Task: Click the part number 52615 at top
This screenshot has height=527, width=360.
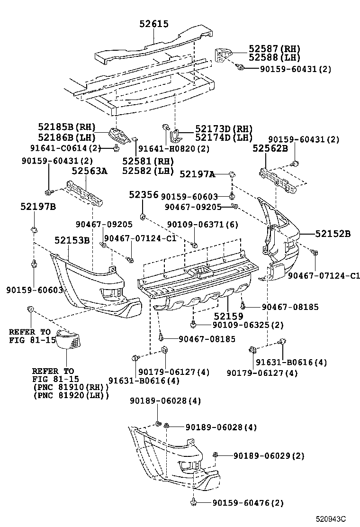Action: click(x=154, y=24)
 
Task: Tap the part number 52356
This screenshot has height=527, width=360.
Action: click(x=144, y=195)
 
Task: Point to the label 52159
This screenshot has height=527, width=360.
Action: click(x=228, y=316)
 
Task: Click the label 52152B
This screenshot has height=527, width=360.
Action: click(x=333, y=233)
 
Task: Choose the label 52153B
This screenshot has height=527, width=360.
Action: click(x=72, y=240)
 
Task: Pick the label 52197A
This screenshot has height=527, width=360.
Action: click(x=198, y=175)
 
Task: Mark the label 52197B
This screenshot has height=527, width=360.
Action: click(x=38, y=207)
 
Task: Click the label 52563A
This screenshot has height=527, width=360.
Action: click(x=90, y=172)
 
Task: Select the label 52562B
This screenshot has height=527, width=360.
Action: click(x=270, y=148)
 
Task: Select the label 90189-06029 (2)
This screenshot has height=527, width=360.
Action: click(x=268, y=455)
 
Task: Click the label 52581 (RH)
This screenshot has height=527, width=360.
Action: click(x=147, y=161)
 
